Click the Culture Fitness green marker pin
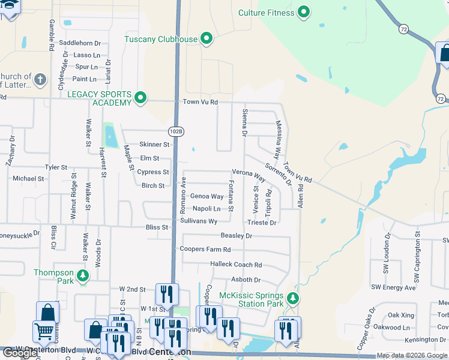click(x=304, y=12)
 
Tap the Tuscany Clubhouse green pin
click(x=207, y=39)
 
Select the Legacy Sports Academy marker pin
click(x=140, y=98)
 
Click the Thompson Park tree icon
click(x=83, y=277)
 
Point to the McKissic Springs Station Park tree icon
click(x=292, y=299)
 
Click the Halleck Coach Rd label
click(x=236, y=265)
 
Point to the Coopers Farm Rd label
click(x=205, y=249)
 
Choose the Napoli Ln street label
click(x=206, y=209)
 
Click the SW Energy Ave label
click(x=393, y=287)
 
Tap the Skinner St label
click(x=154, y=145)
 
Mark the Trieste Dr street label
click(x=261, y=223)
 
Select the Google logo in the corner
click(x=20, y=353)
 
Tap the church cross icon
click(x=40, y=80)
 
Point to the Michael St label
click(x=28, y=179)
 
